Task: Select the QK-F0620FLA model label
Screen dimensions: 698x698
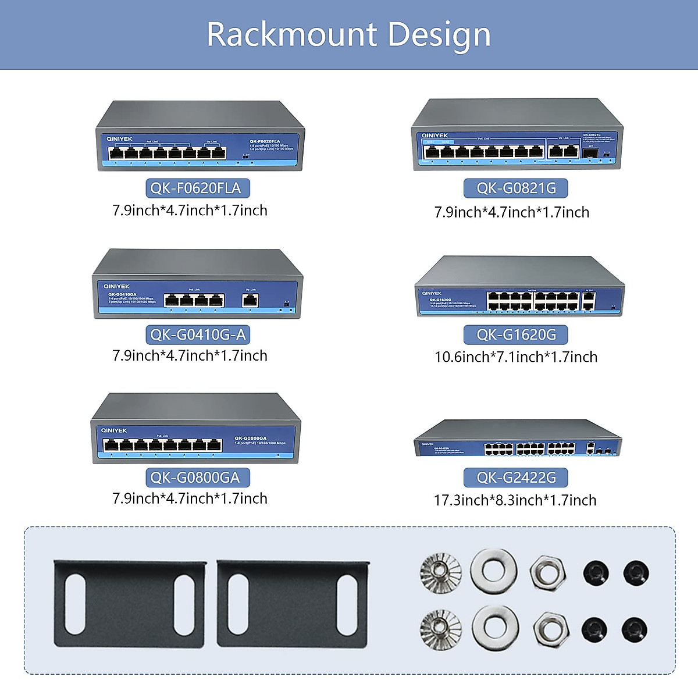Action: point(197,188)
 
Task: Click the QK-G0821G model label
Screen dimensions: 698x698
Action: point(516,188)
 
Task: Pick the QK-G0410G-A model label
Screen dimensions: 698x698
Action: point(197,334)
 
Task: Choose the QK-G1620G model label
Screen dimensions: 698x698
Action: point(516,334)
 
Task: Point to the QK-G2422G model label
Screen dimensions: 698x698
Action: point(516,478)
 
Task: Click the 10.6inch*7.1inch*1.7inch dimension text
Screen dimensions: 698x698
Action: point(516,357)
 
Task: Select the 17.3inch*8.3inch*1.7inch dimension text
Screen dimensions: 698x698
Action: point(515,500)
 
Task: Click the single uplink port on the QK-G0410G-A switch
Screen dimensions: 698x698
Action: point(250,300)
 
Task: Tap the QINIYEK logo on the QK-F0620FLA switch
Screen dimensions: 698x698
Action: point(119,139)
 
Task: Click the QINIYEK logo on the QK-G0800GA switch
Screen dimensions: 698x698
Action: point(114,430)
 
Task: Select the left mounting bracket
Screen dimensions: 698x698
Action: point(130,604)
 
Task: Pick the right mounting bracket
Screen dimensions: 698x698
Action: point(293,604)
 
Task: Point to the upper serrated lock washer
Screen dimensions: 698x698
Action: point(440,572)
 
